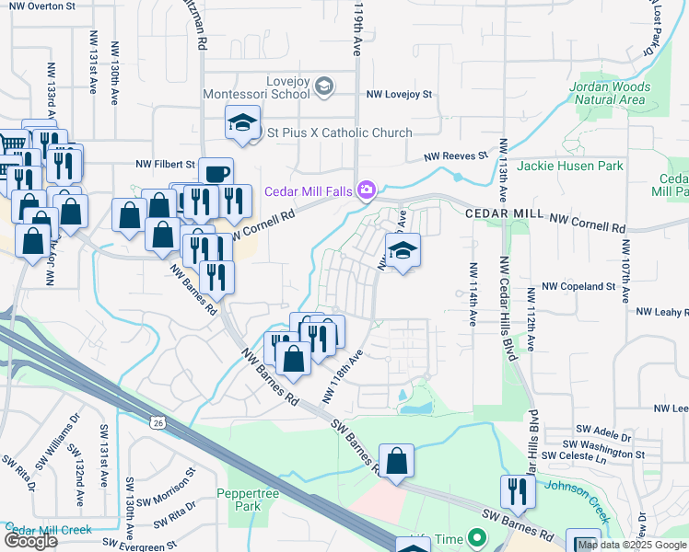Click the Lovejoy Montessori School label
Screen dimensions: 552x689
pos(275,87)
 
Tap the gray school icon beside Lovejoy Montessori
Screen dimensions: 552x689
pos(323,87)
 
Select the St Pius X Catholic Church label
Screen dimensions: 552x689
pos(339,132)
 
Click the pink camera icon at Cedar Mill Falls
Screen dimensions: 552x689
pos(367,190)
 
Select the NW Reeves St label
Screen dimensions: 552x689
pos(455,157)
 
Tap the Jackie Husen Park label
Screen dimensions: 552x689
pos(569,166)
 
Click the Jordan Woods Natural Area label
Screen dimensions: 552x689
pos(610,93)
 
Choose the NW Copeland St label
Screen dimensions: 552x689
pos(578,287)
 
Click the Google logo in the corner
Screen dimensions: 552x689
pos(30,541)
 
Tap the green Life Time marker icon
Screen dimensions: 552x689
pos(476,536)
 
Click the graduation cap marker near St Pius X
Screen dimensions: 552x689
pos(241,123)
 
